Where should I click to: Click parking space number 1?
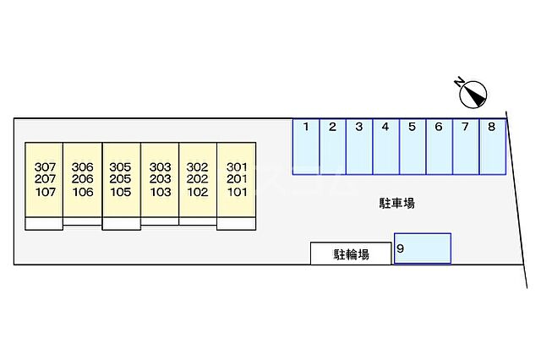point(306,145)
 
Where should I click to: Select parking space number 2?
point(332,145)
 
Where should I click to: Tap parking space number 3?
point(359,145)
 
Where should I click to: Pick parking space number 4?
point(385,145)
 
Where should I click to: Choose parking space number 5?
point(412,145)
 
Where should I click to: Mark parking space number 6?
point(439,145)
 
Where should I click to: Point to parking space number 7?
point(465,145)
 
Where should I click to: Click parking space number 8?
point(491,145)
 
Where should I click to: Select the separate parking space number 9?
point(423,248)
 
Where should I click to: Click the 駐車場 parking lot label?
point(396,203)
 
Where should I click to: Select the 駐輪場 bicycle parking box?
point(351,254)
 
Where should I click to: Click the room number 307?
point(45,166)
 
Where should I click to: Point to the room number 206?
point(83,179)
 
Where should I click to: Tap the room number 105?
point(121,192)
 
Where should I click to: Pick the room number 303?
point(160,166)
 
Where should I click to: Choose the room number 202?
point(198,179)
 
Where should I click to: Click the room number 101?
point(236,192)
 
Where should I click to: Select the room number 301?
point(236,166)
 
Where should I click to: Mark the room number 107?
point(45,192)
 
